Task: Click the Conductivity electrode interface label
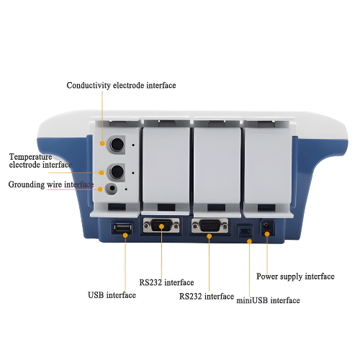coord(121,86)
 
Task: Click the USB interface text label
coord(112,295)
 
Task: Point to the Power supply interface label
coord(295,276)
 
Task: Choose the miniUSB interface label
coord(269,300)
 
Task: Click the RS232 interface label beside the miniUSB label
coord(206,297)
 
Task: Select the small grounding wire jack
coord(111,190)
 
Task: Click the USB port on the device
coord(123,229)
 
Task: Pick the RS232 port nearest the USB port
coord(161,226)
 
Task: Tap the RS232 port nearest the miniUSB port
coord(209,227)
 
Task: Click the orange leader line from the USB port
coord(124,263)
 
